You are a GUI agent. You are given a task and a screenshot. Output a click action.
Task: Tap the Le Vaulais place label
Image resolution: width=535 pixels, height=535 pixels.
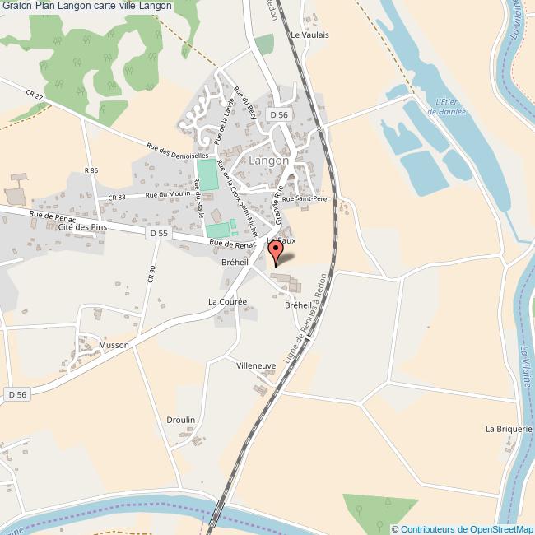pyautogui.click(x=309, y=35)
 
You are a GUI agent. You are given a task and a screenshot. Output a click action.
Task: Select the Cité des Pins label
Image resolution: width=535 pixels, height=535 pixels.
pyautogui.click(x=83, y=226)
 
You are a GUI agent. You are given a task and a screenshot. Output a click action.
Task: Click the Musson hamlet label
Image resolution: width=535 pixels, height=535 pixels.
pyautogui.click(x=114, y=345)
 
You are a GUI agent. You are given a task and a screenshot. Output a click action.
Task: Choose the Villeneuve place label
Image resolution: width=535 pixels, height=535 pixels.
pyautogui.click(x=256, y=365)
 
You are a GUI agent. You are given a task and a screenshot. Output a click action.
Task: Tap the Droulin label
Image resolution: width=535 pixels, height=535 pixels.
pyautogui.click(x=180, y=420)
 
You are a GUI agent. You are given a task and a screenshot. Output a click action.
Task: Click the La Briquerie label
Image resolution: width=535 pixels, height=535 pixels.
pyautogui.click(x=509, y=429)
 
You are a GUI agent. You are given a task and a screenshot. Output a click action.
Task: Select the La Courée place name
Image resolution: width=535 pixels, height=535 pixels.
pyautogui.click(x=228, y=302)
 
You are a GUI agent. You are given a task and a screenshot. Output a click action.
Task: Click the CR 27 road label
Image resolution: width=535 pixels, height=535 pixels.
pyautogui.click(x=34, y=98)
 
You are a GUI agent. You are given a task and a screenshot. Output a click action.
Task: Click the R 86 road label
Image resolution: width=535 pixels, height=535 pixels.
pyautogui.click(x=91, y=170)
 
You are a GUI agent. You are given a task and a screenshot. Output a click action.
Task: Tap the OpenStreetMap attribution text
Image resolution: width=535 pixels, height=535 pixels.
pyautogui.click(x=463, y=529)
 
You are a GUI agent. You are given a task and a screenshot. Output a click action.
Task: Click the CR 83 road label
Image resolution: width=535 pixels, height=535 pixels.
pyautogui.click(x=117, y=197)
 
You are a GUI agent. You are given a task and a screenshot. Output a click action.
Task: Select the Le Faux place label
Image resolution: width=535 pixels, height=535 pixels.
pyautogui.click(x=281, y=240)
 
